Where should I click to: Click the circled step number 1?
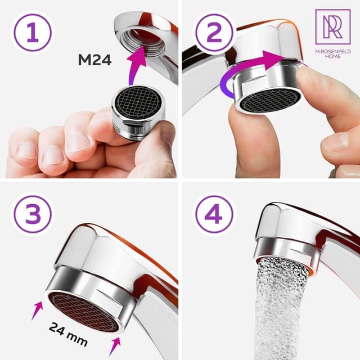[33, 33]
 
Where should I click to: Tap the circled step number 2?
[214, 33]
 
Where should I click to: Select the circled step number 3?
[33, 214]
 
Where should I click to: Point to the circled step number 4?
[214, 214]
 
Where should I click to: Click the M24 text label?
[94, 60]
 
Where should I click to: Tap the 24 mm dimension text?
[68, 334]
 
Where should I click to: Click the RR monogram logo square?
[333, 27]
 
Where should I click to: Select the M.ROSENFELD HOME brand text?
[333, 54]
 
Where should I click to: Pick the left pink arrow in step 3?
[37, 310]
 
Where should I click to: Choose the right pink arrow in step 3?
[115, 346]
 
